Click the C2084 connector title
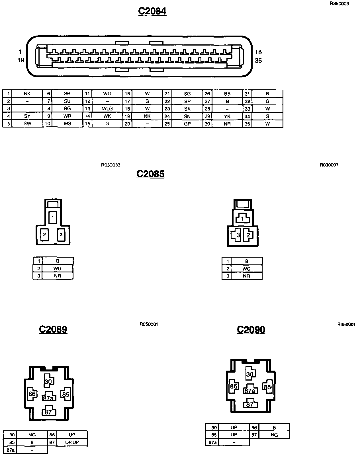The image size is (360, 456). (152, 11)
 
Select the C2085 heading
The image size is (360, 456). (150, 174)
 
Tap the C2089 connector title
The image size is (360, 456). (53, 329)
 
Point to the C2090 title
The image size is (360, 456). (251, 330)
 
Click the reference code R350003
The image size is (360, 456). (339, 4)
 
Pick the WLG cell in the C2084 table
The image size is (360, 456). (107, 109)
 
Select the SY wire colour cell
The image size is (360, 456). (27, 116)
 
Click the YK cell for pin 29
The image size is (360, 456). (227, 116)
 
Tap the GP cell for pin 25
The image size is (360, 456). (187, 124)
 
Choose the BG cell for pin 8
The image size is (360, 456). (67, 109)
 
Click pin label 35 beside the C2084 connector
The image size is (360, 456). (258, 61)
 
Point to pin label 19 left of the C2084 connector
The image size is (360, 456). (21, 60)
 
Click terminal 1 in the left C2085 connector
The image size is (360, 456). (53, 218)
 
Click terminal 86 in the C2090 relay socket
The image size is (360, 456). (234, 386)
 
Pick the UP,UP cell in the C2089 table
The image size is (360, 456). (72, 442)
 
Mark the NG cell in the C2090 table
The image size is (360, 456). (274, 435)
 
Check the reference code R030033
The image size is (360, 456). (111, 165)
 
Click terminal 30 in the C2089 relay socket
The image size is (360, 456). (48, 381)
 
